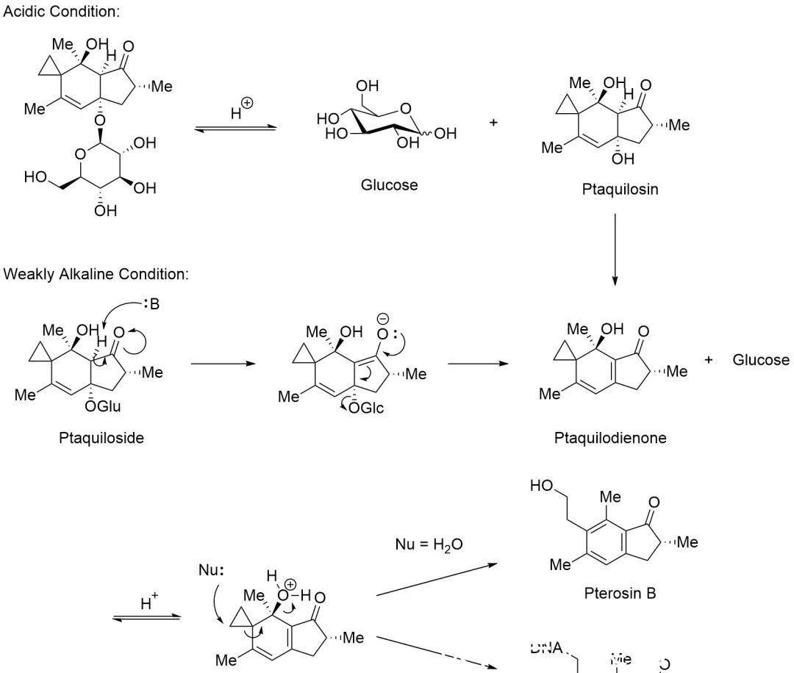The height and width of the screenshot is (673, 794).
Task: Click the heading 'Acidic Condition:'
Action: click(x=62, y=12)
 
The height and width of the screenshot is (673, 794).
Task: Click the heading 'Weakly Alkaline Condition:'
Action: click(x=96, y=274)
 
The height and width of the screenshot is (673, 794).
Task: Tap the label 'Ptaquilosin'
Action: click(x=620, y=189)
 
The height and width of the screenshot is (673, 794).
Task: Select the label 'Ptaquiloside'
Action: click(x=101, y=438)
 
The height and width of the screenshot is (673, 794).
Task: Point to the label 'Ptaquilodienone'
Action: click(x=610, y=438)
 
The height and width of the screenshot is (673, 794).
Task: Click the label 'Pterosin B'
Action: click(x=620, y=592)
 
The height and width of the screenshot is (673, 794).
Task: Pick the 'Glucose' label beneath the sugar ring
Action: click(x=389, y=184)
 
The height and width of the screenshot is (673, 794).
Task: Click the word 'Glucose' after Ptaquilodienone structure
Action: click(x=761, y=360)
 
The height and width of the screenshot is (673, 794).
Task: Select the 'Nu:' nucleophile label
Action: click(x=210, y=570)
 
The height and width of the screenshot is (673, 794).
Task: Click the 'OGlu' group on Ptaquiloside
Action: click(x=101, y=404)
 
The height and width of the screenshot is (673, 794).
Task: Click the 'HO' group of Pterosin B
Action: click(x=541, y=486)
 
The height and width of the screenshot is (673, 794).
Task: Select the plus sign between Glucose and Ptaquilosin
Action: click(x=494, y=122)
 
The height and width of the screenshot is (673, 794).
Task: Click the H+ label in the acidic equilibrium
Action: click(x=240, y=113)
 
